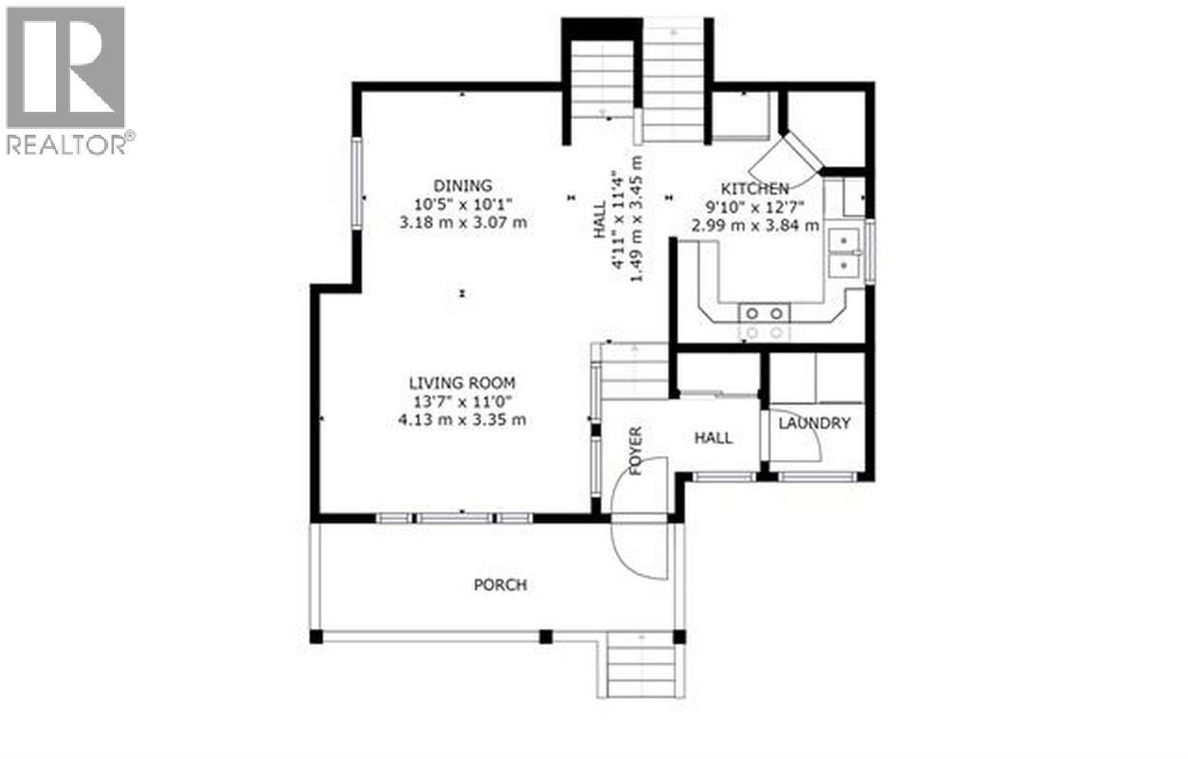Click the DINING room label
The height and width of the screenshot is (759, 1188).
pos(463,186)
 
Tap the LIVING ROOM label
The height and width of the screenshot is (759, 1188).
pos(462,383)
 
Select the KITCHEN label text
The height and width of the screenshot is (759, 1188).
pos(755,189)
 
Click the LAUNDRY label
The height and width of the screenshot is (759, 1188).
pos(814,423)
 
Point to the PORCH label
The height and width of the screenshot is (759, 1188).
pos(500,585)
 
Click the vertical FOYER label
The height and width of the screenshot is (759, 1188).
pos(635,452)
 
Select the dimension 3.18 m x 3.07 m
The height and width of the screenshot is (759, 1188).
pos(463,223)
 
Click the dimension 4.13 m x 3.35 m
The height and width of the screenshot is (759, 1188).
pos(462,419)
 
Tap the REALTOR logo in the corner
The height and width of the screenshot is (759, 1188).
pos(68,80)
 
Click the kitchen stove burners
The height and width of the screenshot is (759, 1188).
pos(765,322)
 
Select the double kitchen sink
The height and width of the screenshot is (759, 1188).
pos(843,252)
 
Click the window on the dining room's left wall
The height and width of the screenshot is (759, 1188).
pos(358,183)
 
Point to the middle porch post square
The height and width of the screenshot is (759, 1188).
pos(546,637)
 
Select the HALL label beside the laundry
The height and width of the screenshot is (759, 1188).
pos(713,437)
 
